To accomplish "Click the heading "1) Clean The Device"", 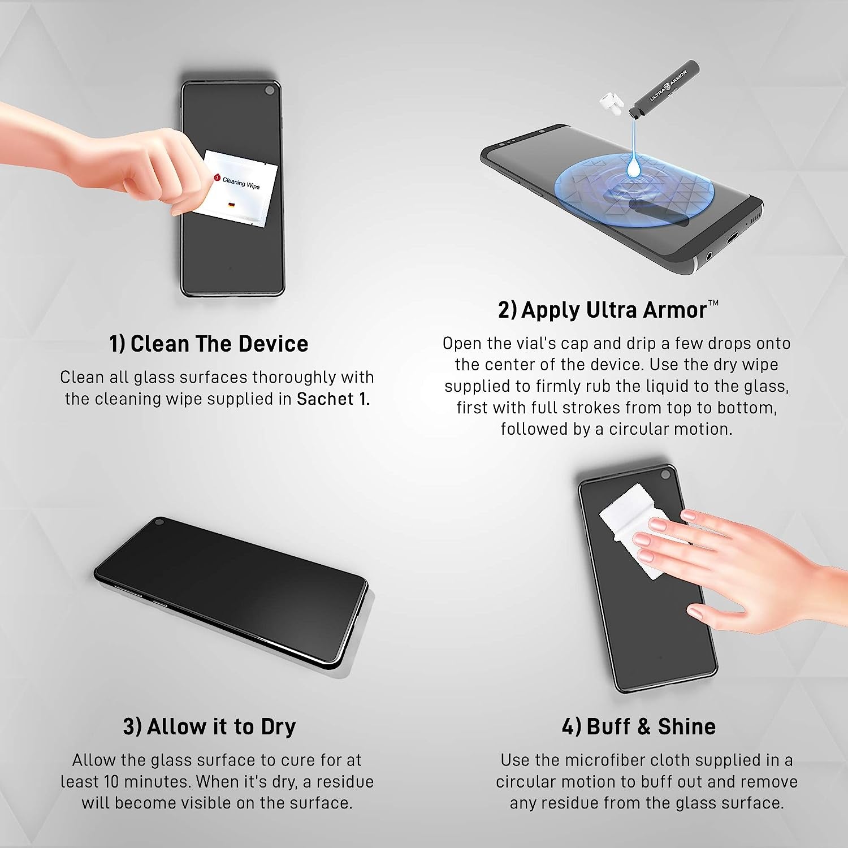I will coord(209,344).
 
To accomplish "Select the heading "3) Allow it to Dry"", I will coord(209,726).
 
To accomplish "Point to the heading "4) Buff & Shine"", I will coord(639,726).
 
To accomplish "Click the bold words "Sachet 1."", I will coord(333,399).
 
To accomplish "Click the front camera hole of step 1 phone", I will coord(270,90).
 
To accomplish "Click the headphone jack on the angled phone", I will coord(708,257).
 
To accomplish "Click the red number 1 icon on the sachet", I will coord(217,178).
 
